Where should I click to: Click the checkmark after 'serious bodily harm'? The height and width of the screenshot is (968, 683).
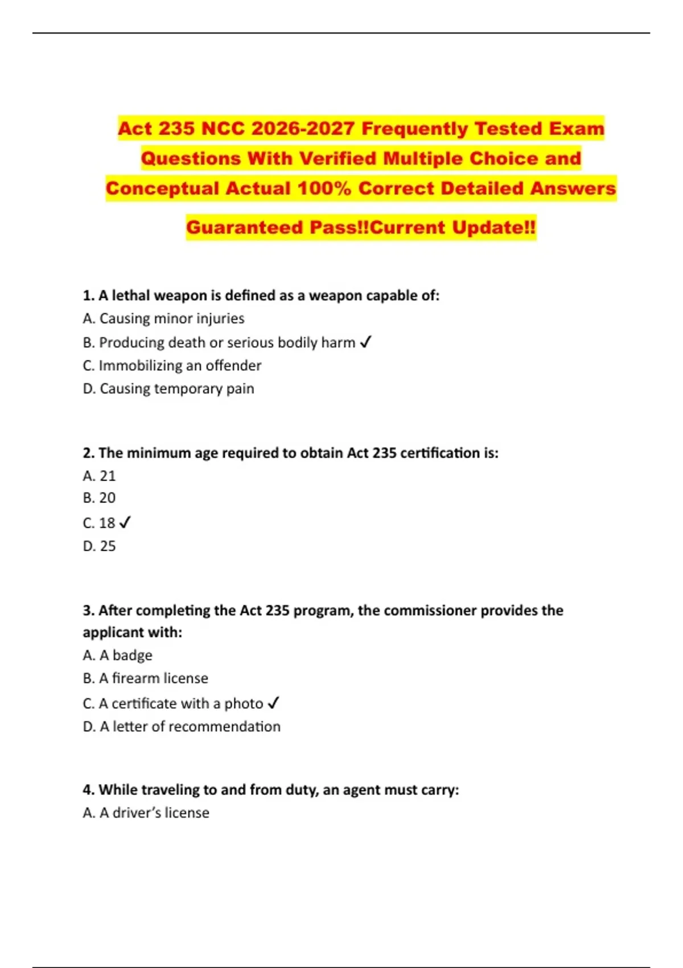(x=366, y=342)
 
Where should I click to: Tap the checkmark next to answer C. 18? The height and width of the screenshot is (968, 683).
(x=125, y=522)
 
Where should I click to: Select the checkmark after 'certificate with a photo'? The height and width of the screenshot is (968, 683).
(x=273, y=703)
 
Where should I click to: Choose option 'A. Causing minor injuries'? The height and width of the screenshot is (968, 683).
(x=163, y=318)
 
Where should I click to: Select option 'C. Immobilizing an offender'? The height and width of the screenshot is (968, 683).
(x=172, y=366)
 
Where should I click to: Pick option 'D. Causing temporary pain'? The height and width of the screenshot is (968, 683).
(x=168, y=389)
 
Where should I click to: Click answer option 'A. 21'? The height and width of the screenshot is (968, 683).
(x=99, y=475)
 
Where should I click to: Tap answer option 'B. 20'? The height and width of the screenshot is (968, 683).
(x=99, y=498)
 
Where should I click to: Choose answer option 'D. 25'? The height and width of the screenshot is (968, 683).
(x=99, y=546)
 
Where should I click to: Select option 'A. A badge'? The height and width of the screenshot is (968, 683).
(x=117, y=655)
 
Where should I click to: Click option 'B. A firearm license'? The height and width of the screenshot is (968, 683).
(x=145, y=678)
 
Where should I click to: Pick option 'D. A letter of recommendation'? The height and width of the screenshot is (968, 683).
(x=182, y=727)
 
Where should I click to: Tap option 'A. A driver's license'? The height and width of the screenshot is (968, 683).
(x=146, y=813)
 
